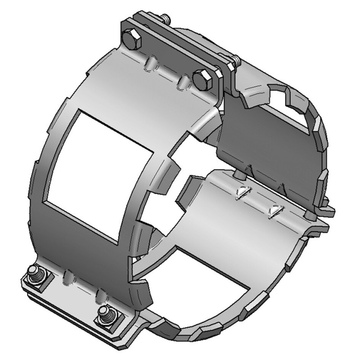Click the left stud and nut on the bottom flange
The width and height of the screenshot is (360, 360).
[x=35, y=274]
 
